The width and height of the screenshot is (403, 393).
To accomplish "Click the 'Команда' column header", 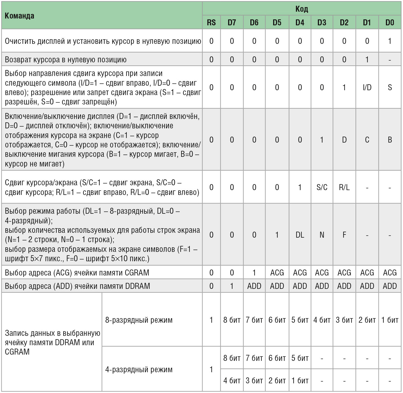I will (19, 16).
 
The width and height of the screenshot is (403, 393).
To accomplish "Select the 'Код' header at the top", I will (301, 9).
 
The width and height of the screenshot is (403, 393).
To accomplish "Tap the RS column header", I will (211, 22).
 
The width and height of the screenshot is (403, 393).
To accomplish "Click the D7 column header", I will (232, 22).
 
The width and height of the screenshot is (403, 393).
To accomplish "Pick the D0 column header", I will (390, 22).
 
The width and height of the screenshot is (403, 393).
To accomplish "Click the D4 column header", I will (300, 22).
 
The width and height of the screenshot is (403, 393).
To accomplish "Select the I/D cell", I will (367, 87).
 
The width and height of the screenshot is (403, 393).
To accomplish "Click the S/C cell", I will (322, 187).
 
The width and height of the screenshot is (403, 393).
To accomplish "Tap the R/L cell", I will (344, 187).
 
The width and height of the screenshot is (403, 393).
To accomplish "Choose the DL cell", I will (300, 235).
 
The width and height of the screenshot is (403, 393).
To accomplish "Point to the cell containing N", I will (322, 235).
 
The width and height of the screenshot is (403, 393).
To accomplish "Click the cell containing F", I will (344, 235).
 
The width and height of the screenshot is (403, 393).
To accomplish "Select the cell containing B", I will (390, 140).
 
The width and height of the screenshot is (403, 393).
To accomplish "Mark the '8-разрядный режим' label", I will (139, 320).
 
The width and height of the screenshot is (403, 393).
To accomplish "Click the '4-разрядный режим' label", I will (139, 369).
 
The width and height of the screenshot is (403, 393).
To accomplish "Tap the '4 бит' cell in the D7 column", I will (232, 380).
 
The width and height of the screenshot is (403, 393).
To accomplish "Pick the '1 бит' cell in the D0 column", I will (390, 320).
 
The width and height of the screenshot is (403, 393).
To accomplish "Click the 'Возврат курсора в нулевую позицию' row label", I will (66, 59).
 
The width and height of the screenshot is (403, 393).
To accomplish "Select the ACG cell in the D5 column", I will (277, 273).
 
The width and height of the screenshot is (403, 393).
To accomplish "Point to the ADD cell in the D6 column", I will (254, 286).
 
